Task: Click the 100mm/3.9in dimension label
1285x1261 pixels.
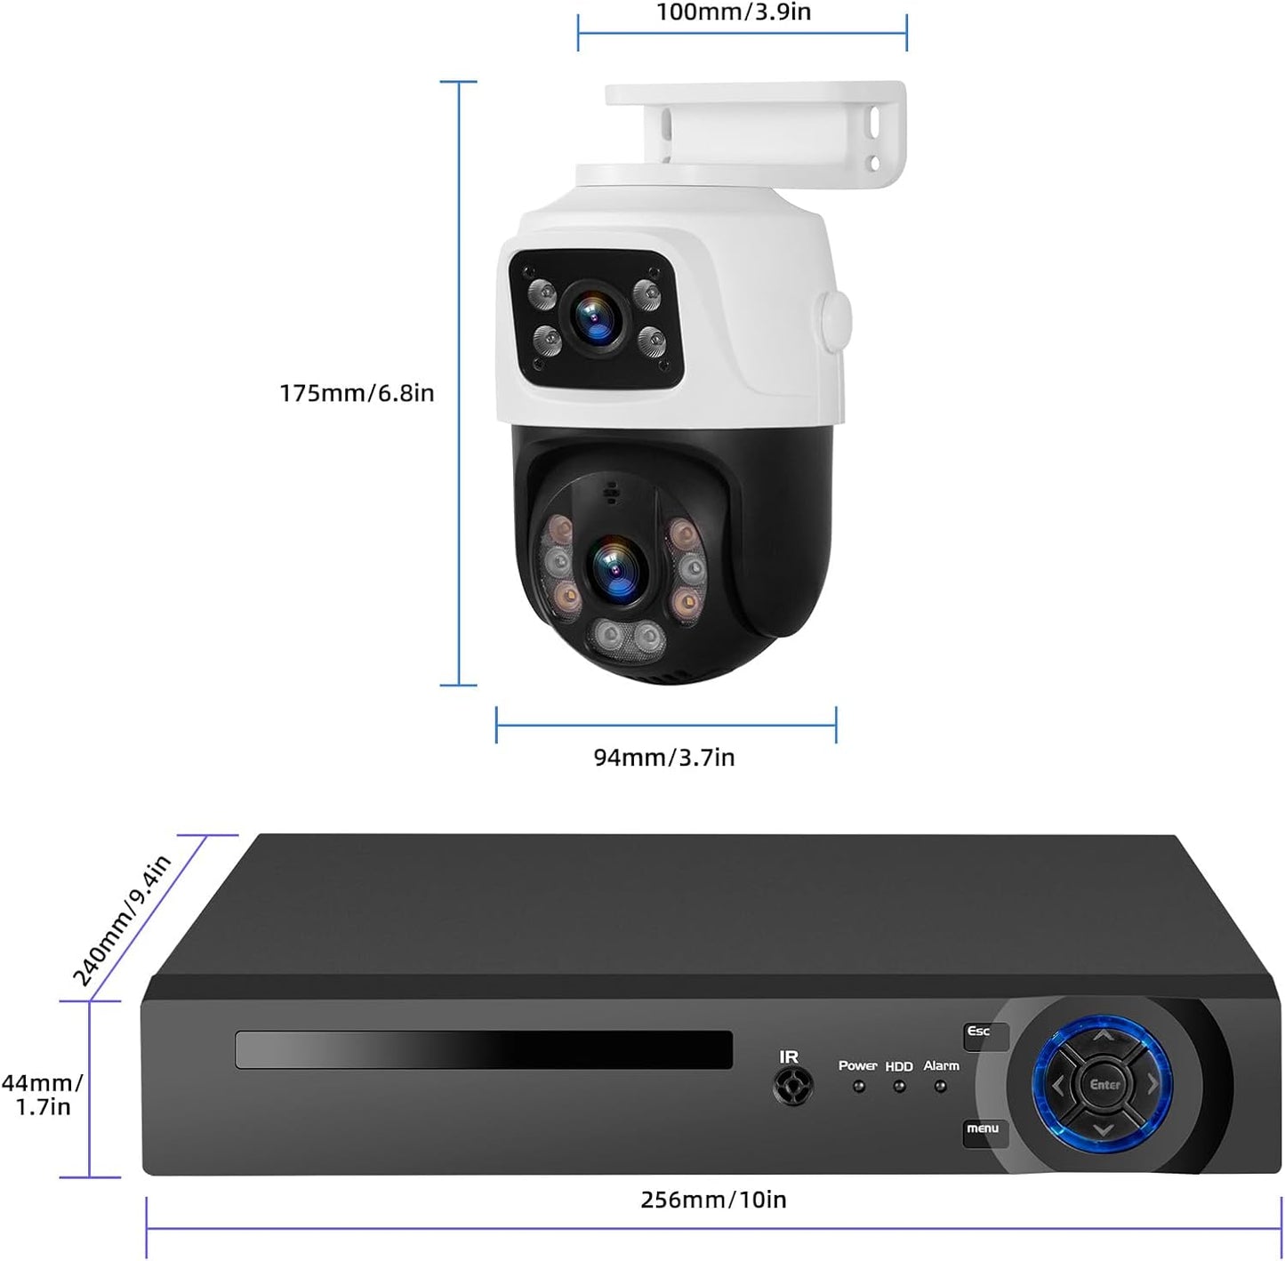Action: [x=734, y=12]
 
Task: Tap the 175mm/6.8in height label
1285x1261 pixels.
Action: [x=357, y=392]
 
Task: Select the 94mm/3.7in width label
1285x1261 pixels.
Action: [x=664, y=758]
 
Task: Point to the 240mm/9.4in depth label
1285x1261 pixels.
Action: [x=122, y=920]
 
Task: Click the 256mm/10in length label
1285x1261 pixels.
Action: [x=713, y=1200]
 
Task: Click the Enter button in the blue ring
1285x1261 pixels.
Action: [x=1104, y=1085]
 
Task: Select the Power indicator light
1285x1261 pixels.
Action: [x=858, y=1087]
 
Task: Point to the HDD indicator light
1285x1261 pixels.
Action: [x=899, y=1087]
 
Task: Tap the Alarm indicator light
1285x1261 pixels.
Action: [x=940, y=1087]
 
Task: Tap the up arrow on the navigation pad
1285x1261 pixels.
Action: [x=1103, y=1037]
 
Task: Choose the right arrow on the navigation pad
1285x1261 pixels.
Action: [x=1152, y=1085]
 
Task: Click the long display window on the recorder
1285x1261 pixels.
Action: [x=483, y=1050]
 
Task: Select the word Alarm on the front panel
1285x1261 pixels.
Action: [x=941, y=1065]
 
